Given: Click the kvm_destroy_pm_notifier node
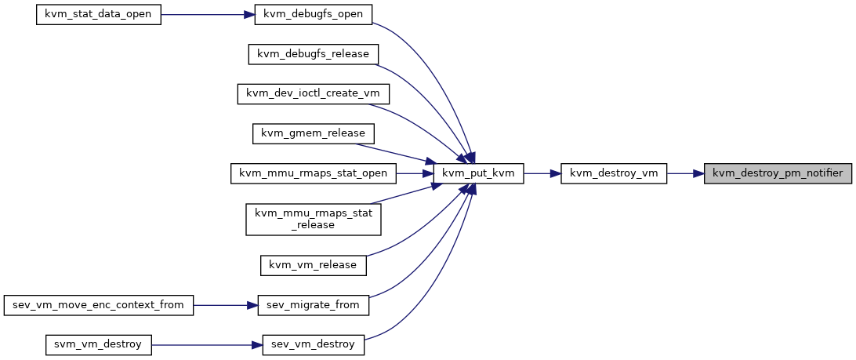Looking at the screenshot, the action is [x=778, y=173].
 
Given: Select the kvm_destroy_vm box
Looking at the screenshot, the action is [x=614, y=173].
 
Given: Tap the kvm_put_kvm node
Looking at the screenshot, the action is [x=478, y=173].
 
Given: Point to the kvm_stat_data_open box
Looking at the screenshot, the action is [x=98, y=14].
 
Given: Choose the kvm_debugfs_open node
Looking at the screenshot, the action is [x=314, y=14].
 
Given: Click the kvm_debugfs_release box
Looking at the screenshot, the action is [x=314, y=54].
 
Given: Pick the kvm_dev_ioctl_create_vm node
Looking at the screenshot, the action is [x=314, y=94].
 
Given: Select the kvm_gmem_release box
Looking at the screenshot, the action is [x=314, y=134].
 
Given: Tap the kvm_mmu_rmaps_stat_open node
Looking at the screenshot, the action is [x=314, y=173].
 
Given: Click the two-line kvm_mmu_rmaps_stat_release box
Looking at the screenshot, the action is [x=314, y=219].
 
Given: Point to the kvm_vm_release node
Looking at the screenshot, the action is [x=314, y=265].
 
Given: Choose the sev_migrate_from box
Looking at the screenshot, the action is [x=314, y=305].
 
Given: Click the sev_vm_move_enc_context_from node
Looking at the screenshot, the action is [x=98, y=305].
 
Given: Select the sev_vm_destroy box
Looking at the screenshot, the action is [x=314, y=344].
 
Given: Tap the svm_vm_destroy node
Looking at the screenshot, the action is [x=98, y=344].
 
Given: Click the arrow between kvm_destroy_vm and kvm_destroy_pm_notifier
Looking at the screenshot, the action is [x=685, y=173].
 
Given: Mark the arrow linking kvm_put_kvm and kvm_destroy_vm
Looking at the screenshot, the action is [x=542, y=173].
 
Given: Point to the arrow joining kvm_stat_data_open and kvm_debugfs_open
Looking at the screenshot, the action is [x=208, y=14].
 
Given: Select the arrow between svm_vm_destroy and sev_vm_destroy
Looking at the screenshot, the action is [x=207, y=344].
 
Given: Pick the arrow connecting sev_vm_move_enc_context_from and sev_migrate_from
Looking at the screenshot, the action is [x=226, y=305].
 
